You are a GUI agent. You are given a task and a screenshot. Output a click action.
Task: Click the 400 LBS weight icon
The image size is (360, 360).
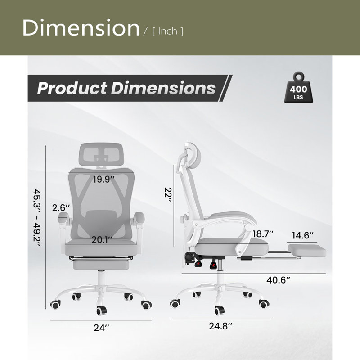pyautogui.click(x=298, y=88)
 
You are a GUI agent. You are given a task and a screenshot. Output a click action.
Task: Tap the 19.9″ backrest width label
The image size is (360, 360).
pyautogui.click(x=103, y=179)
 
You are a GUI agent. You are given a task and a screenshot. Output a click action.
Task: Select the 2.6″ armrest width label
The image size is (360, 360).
pyautogui.click(x=61, y=208)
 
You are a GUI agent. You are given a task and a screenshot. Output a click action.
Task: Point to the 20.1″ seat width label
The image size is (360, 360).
pyautogui.click(x=102, y=240)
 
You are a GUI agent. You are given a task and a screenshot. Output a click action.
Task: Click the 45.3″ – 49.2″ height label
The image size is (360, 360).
pyautogui.click(x=37, y=217)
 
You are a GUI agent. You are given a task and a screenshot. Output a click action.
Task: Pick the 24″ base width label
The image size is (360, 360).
pyautogui.click(x=101, y=328)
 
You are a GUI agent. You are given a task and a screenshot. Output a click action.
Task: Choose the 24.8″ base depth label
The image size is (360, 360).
pyautogui.click(x=220, y=326)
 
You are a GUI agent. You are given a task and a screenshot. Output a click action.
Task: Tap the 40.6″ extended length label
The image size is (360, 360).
pyautogui.click(x=278, y=280)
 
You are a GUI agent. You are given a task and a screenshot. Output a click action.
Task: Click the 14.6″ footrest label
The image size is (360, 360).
pyautogui.click(x=302, y=235)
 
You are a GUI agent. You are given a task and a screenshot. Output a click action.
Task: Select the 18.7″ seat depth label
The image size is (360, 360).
pyautogui.click(x=263, y=234)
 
